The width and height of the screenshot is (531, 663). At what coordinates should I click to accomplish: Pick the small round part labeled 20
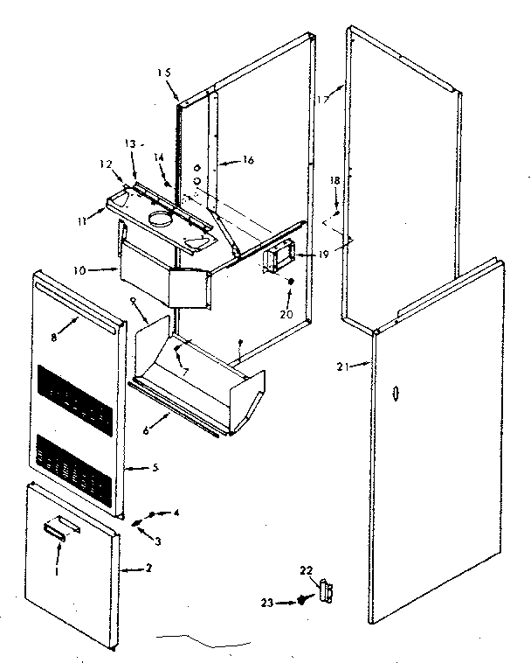[290, 281]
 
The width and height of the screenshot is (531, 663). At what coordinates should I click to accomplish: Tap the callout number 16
[247, 160]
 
